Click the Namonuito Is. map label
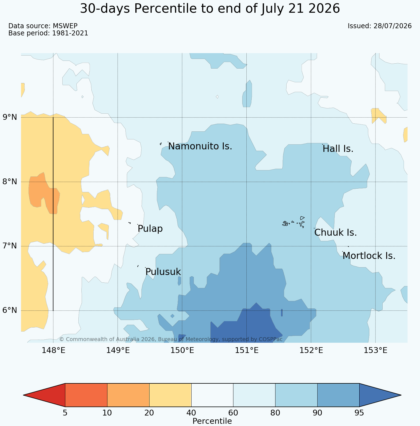200,146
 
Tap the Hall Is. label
338,149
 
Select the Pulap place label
150,229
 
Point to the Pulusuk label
163,272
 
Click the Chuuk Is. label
336,233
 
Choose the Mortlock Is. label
369,256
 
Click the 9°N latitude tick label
10,117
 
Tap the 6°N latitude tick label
10,310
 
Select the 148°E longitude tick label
53,350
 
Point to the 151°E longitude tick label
247,350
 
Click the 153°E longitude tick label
375,350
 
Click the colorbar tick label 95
359,413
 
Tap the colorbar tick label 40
191,413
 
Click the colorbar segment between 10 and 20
128,395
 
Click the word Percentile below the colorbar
212,421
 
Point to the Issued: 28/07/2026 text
380,26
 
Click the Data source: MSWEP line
43,26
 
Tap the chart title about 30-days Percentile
210,9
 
